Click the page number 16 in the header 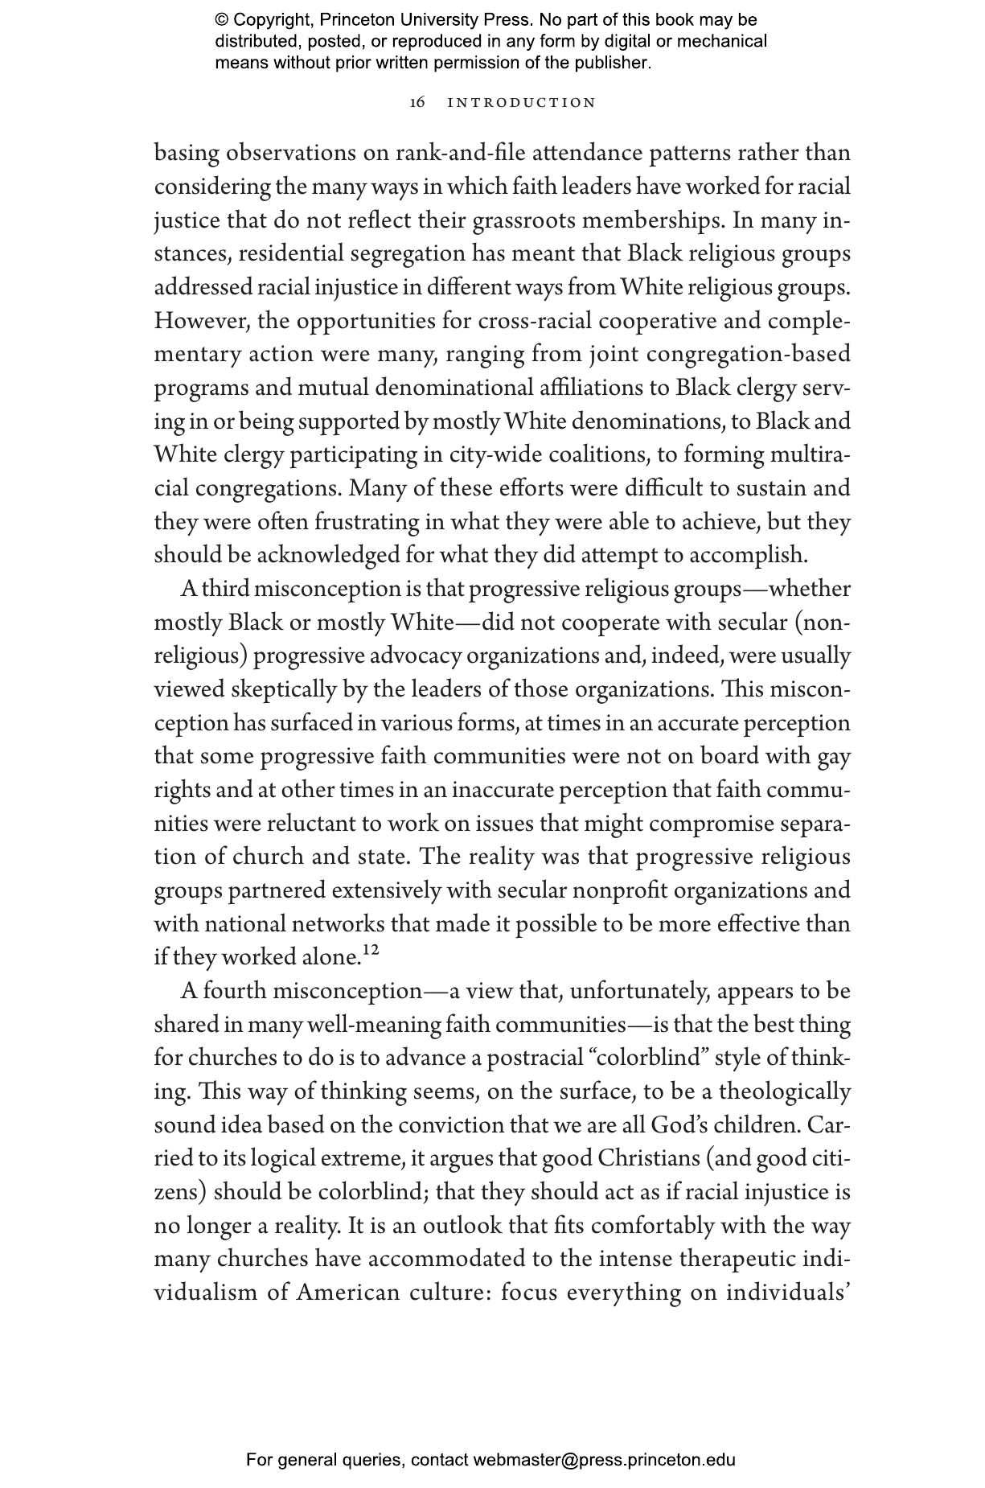(417, 103)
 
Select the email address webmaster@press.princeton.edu (604, 1460)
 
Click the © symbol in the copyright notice (222, 20)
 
